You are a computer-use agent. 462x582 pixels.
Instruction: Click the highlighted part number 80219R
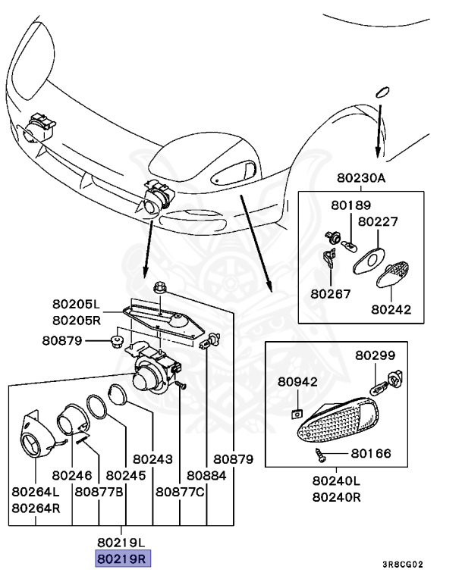(x=123, y=559)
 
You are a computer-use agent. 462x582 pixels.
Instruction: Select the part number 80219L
(x=123, y=543)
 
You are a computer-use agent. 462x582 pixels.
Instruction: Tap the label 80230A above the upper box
(x=362, y=179)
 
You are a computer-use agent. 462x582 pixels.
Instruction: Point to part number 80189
(x=350, y=205)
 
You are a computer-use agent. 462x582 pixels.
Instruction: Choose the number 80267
(x=330, y=293)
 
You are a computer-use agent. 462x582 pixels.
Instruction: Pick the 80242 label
(x=391, y=309)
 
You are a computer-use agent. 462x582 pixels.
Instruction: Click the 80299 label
(x=376, y=355)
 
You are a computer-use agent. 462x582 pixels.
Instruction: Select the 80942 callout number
(x=297, y=381)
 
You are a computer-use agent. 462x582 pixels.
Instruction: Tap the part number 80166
(x=370, y=454)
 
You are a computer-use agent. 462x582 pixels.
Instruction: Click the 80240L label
(x=337, y=480)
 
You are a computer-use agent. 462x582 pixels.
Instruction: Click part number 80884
(x=207, y=476)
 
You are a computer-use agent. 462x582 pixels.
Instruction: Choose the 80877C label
(x=181, y=492)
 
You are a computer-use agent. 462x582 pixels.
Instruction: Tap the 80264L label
(x=36, y=492)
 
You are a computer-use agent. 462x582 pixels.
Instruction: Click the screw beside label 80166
(x=321, y=454)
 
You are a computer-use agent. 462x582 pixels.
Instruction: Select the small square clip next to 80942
(x=297, y=413)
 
